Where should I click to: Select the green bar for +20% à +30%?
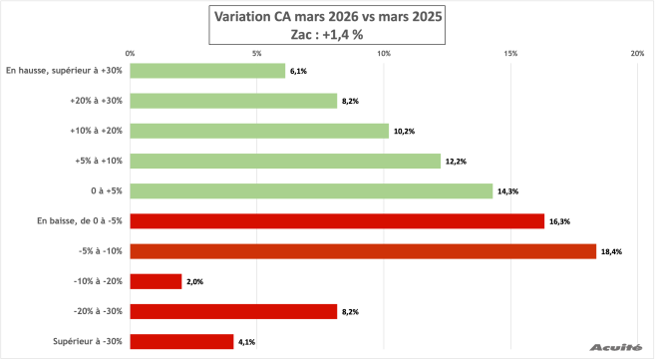tap(233, 101)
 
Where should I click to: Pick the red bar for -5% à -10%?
tap(363, 251)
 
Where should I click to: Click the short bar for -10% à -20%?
tap(156, 281)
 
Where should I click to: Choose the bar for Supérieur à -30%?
tap(181, 341)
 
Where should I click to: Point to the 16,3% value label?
tap(557, 221)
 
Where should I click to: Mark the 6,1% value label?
tap(298, 71)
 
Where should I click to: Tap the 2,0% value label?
tap(195, 281)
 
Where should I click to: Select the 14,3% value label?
tap(506, 191)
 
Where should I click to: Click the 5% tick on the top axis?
tap(256, 53)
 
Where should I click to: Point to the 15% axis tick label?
tap(510, 53)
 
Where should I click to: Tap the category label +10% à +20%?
tap(96, 131)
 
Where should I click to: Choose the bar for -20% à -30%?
tap(233, 311)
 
